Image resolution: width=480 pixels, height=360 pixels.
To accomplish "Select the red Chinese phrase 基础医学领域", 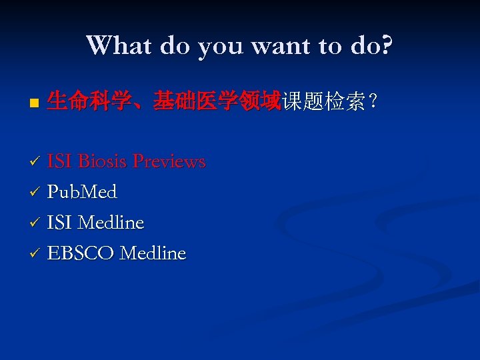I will [216, 101].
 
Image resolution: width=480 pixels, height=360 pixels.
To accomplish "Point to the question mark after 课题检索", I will [374, 102].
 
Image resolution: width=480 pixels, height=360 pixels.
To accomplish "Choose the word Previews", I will [169, 161].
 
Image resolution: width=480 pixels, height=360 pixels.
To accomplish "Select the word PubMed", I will [82, 192].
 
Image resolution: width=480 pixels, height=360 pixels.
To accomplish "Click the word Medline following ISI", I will [111, 223].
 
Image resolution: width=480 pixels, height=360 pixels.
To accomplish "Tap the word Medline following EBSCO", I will [152, 253].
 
